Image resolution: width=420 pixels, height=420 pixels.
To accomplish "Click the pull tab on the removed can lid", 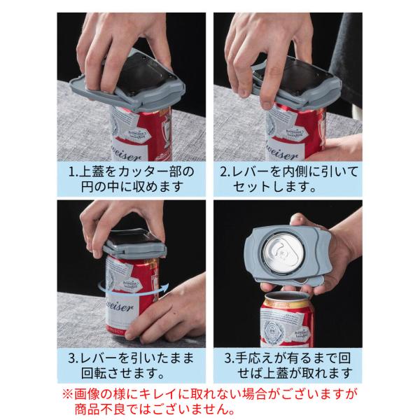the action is pos(282,252).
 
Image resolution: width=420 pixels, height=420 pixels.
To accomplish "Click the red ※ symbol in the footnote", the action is pos(67,394).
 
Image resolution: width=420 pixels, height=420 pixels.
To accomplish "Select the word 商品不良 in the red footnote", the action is pos(98,409).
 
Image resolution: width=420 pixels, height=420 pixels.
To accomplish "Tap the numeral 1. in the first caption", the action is pos(73,171).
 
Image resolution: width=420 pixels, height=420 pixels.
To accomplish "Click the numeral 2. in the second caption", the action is pos(225,171).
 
